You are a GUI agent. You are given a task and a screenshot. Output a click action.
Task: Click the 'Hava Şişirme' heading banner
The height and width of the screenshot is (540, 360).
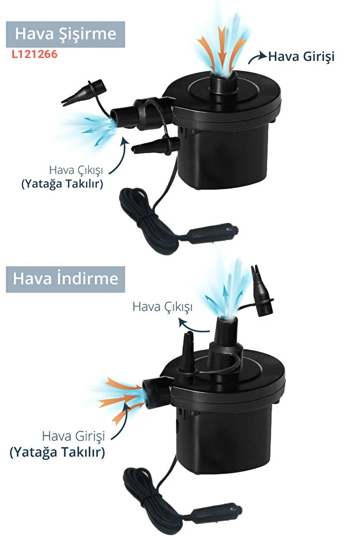(66, 34)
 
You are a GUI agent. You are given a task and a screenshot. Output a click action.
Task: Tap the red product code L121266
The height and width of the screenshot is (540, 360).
(34, 55)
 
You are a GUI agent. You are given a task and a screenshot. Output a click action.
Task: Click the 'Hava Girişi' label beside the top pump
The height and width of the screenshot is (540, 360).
(301, 56)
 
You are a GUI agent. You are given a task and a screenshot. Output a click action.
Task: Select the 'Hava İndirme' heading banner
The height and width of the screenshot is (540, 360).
(66, 279)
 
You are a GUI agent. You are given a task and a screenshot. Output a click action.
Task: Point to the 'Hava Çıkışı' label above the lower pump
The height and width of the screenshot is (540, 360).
(162, 306)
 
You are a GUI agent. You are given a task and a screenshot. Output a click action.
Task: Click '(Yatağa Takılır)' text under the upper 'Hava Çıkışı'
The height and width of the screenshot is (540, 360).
(62, 183)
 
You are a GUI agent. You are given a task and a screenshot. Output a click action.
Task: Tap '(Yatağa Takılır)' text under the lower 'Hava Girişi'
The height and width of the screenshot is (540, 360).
(57, 452)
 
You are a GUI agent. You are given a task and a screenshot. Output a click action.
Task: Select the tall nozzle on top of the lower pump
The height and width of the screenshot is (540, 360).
(226, 336)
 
